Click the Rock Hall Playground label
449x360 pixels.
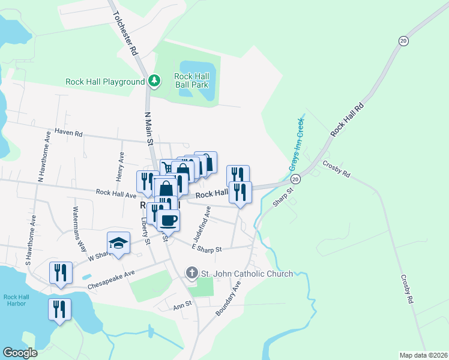[105, 81]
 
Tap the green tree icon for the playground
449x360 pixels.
[155, 80]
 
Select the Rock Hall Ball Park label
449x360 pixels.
[191, 80]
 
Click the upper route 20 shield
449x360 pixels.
[403, 40]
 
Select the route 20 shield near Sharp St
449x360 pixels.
[295, 179]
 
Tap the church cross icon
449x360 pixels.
[191, 274]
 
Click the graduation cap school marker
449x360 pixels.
[118, 243]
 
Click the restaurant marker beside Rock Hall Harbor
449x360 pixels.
[60, 310]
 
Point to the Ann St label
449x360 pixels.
[182, 304]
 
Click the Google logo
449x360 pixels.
[20, 353]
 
